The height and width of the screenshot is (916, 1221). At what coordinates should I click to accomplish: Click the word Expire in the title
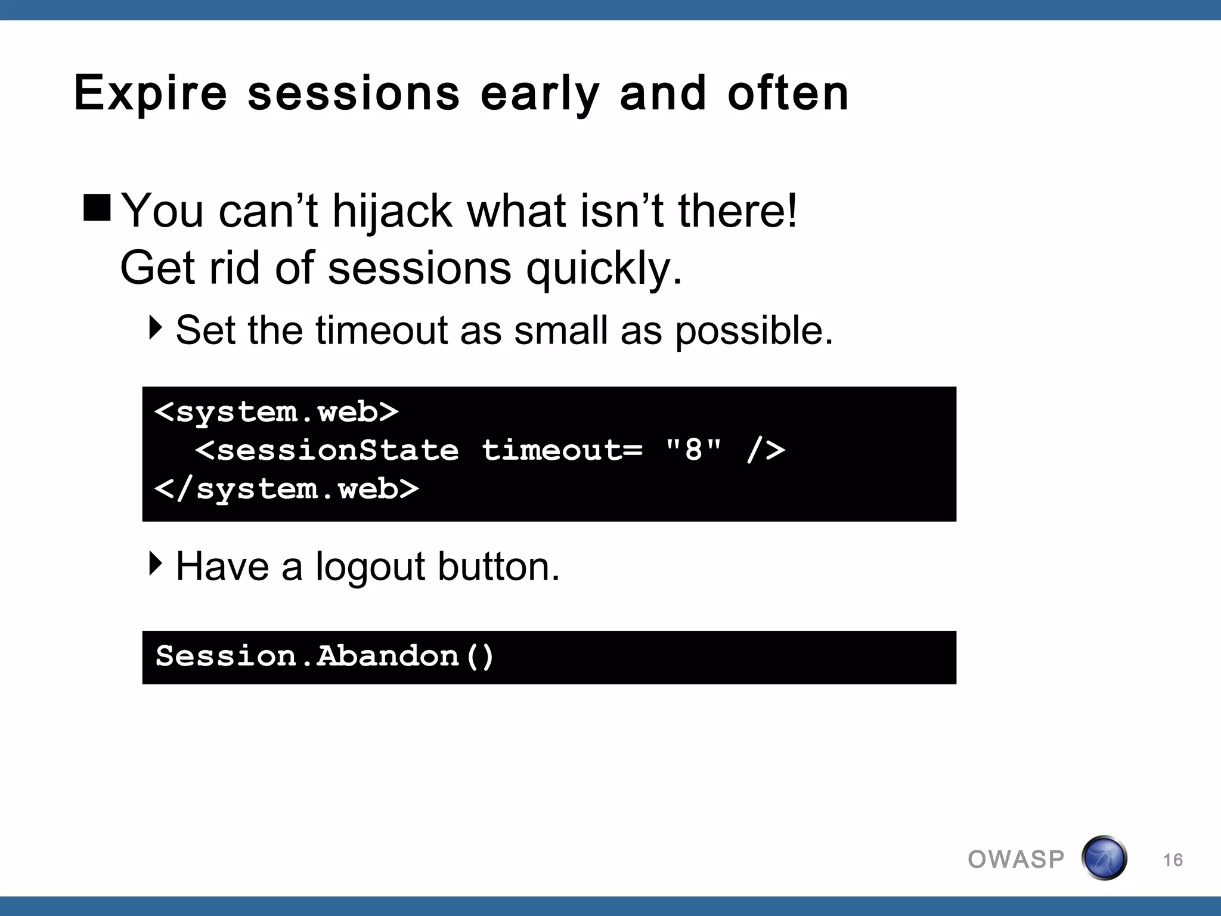(x=150, y=94)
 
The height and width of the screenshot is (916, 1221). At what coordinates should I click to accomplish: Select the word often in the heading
(x=788, y=94)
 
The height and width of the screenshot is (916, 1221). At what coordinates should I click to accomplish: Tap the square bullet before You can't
(x=97, y=208)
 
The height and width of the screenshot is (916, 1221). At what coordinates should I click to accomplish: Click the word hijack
(x=392, y=211)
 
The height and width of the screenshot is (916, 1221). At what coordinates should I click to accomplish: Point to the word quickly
(x=603, y=268)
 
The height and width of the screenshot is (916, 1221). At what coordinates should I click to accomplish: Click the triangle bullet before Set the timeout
(x=155, y=328)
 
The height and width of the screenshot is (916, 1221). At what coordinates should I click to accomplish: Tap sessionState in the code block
(x=338, y=450)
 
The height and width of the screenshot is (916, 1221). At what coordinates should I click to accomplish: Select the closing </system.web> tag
(x=287, y=490)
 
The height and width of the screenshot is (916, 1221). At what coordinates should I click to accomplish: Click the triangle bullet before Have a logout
(x=155, y=563)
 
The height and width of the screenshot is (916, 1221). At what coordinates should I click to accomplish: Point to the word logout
(x=370, y=567)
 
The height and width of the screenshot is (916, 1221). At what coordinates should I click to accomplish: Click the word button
(x=498, y=566)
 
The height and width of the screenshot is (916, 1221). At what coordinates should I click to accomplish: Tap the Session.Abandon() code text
(x=325, y=657)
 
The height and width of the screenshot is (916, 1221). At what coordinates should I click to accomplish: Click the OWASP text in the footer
(x=1016, y=859)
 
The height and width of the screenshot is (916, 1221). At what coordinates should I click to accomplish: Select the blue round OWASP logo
(x=1104, y=858)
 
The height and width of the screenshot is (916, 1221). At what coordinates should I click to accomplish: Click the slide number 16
(x=1173, y=860)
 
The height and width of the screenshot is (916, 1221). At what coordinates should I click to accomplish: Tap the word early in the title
(x=540, y=94)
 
